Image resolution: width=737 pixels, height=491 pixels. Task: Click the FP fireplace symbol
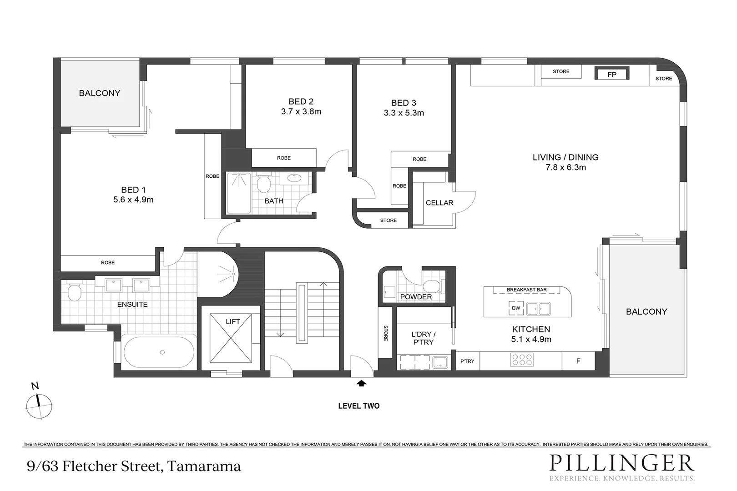coord(612,74)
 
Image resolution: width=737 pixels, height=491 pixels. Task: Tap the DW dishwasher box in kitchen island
coord(516,308)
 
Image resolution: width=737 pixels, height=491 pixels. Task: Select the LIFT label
coord(232,321)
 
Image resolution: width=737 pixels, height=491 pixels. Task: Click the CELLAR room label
coord(439,203)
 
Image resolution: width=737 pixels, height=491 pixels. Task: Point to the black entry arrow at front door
coord(361,384)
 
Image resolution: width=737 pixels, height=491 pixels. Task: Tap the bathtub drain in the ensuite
coord(162,352)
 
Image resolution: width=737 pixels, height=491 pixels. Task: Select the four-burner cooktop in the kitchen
coord(522,360)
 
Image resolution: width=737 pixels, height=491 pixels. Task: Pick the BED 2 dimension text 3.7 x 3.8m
coord(301,112)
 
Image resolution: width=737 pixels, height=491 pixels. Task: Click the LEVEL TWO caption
coord(358,406)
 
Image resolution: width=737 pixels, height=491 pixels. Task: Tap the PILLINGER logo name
coord(621,463)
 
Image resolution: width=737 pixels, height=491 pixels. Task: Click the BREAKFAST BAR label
coord(526,290)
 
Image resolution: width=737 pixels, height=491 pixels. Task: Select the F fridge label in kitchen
coord(578,361)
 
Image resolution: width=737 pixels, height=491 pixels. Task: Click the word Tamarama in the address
coord(204,466)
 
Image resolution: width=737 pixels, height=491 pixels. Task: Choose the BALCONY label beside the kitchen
coord(646,311)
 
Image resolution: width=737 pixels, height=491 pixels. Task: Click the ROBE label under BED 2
coord(284,158)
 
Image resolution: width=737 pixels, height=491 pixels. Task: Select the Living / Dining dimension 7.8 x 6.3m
coord(565,167)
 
